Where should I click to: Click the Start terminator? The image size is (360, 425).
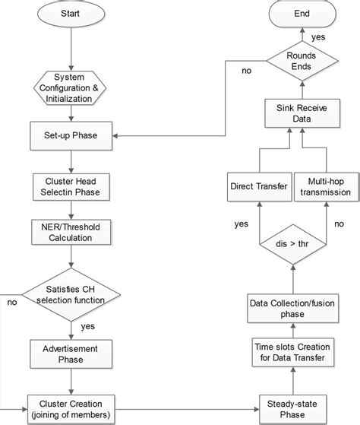[x=71, y=15]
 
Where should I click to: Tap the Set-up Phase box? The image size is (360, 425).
[x=71, y=137]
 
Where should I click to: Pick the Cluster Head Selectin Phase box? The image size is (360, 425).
[x=71, y=187]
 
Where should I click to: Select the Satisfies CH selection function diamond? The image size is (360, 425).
[x=71, y=293]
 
